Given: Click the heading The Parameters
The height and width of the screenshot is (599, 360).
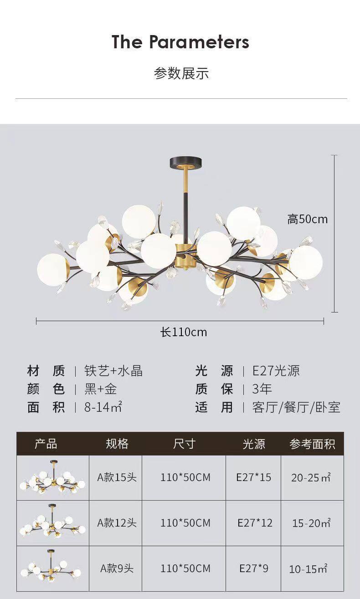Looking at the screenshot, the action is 180,42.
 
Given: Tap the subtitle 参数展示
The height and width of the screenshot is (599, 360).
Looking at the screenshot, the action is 181,73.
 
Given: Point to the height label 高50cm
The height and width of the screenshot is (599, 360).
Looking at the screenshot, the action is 307,219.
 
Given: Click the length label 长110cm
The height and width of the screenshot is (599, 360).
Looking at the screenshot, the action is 184,333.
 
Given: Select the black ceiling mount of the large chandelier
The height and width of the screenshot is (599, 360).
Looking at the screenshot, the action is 185,162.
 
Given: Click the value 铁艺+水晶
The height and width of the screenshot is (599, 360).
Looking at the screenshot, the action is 113,371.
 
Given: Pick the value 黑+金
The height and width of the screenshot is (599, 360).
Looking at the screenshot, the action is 101,389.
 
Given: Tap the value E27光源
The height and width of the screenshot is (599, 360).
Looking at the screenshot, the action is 276,371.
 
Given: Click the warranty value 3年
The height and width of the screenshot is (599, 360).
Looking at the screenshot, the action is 262,389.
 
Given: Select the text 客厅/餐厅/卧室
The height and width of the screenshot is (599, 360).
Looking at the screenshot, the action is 296,407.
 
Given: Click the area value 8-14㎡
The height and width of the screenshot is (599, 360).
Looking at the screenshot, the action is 103,407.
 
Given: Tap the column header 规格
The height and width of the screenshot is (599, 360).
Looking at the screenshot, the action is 117,444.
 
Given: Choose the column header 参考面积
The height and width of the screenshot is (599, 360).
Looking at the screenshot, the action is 312,444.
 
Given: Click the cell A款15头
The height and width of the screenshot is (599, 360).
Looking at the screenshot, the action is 117,477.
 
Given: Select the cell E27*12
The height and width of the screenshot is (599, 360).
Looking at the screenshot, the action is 255,523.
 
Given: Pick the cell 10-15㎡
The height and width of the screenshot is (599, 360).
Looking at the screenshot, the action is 309,569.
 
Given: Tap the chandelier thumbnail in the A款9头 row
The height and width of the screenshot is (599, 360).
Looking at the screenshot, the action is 52,568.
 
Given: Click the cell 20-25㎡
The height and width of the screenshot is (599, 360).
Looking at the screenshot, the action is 311,477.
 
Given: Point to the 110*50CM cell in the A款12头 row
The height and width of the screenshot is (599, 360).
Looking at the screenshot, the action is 185,523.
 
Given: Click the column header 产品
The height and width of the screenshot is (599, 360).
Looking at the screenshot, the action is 46,444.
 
